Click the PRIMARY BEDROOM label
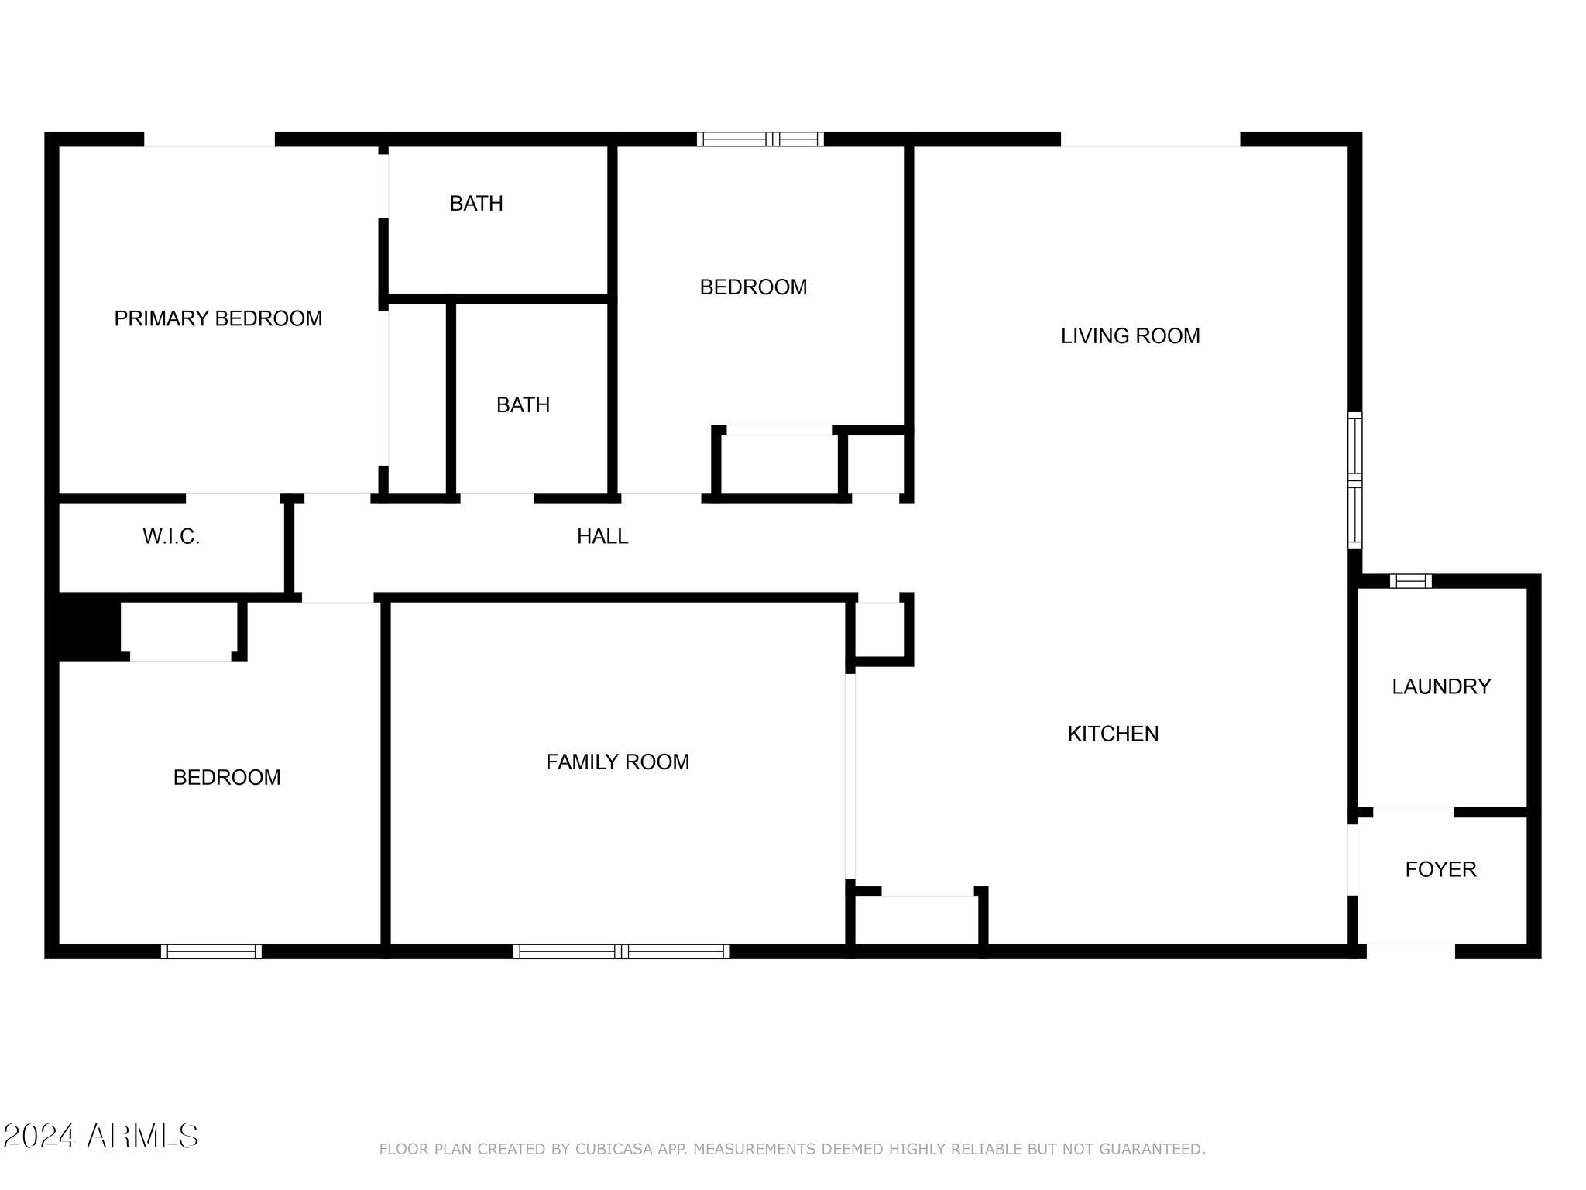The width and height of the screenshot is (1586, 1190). tap(218, 318)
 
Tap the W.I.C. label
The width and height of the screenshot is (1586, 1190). tap(171, 536)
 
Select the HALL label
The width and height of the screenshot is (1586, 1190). tap(602, 536)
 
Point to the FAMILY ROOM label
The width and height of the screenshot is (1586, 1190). tap(617, 762)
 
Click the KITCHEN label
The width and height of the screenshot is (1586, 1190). tap(1113, 734)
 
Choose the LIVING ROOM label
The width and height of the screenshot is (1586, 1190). tap(1130, 336)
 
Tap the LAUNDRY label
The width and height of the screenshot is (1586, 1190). tap(1441, 686)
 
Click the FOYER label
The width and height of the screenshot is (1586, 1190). tap(1440, 869)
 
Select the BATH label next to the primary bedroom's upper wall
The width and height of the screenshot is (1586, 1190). tap(476, 204)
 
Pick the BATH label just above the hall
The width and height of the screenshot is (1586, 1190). tap(523, 405)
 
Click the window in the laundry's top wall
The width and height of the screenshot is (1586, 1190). tap(1410, 581)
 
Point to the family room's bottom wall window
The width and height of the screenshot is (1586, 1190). tap(621, 951)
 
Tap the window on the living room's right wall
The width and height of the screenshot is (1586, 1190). tap(1354, 480)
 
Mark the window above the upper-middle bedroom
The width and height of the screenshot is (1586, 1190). tap(760, 139)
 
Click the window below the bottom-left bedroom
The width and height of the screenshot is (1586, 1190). tap(211, 951)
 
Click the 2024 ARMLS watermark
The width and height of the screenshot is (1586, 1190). tap(101, 1137)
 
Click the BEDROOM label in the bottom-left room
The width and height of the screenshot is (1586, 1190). tap(227, 778)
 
